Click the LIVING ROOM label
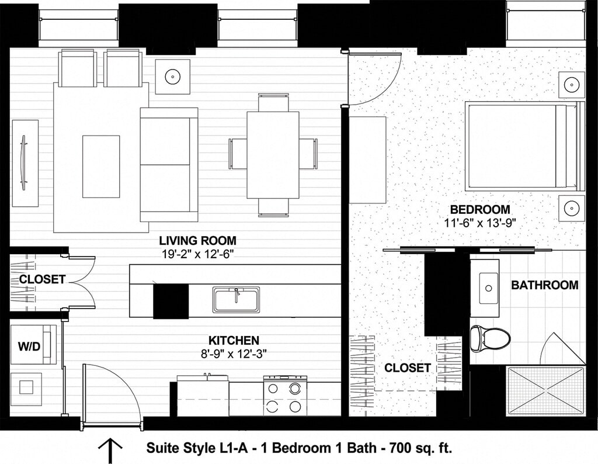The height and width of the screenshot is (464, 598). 198,240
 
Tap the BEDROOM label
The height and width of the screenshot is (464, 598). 479,209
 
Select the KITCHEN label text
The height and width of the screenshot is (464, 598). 234,340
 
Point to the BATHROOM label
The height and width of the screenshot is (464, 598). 544,285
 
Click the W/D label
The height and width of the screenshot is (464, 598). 29,346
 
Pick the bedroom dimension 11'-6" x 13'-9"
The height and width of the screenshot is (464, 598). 479,222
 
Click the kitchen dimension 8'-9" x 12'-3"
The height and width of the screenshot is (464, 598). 234,353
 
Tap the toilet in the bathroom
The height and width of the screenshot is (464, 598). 489,338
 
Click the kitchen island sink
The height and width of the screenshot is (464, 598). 236,299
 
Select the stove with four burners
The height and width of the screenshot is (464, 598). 286,395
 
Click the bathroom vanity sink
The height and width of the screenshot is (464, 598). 488,288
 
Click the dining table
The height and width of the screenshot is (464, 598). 273,155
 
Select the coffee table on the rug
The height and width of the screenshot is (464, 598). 101,166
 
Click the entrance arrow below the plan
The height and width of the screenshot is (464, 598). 110,450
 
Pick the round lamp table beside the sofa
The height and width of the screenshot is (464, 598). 172,76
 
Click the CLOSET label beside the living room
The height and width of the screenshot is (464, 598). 42,279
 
